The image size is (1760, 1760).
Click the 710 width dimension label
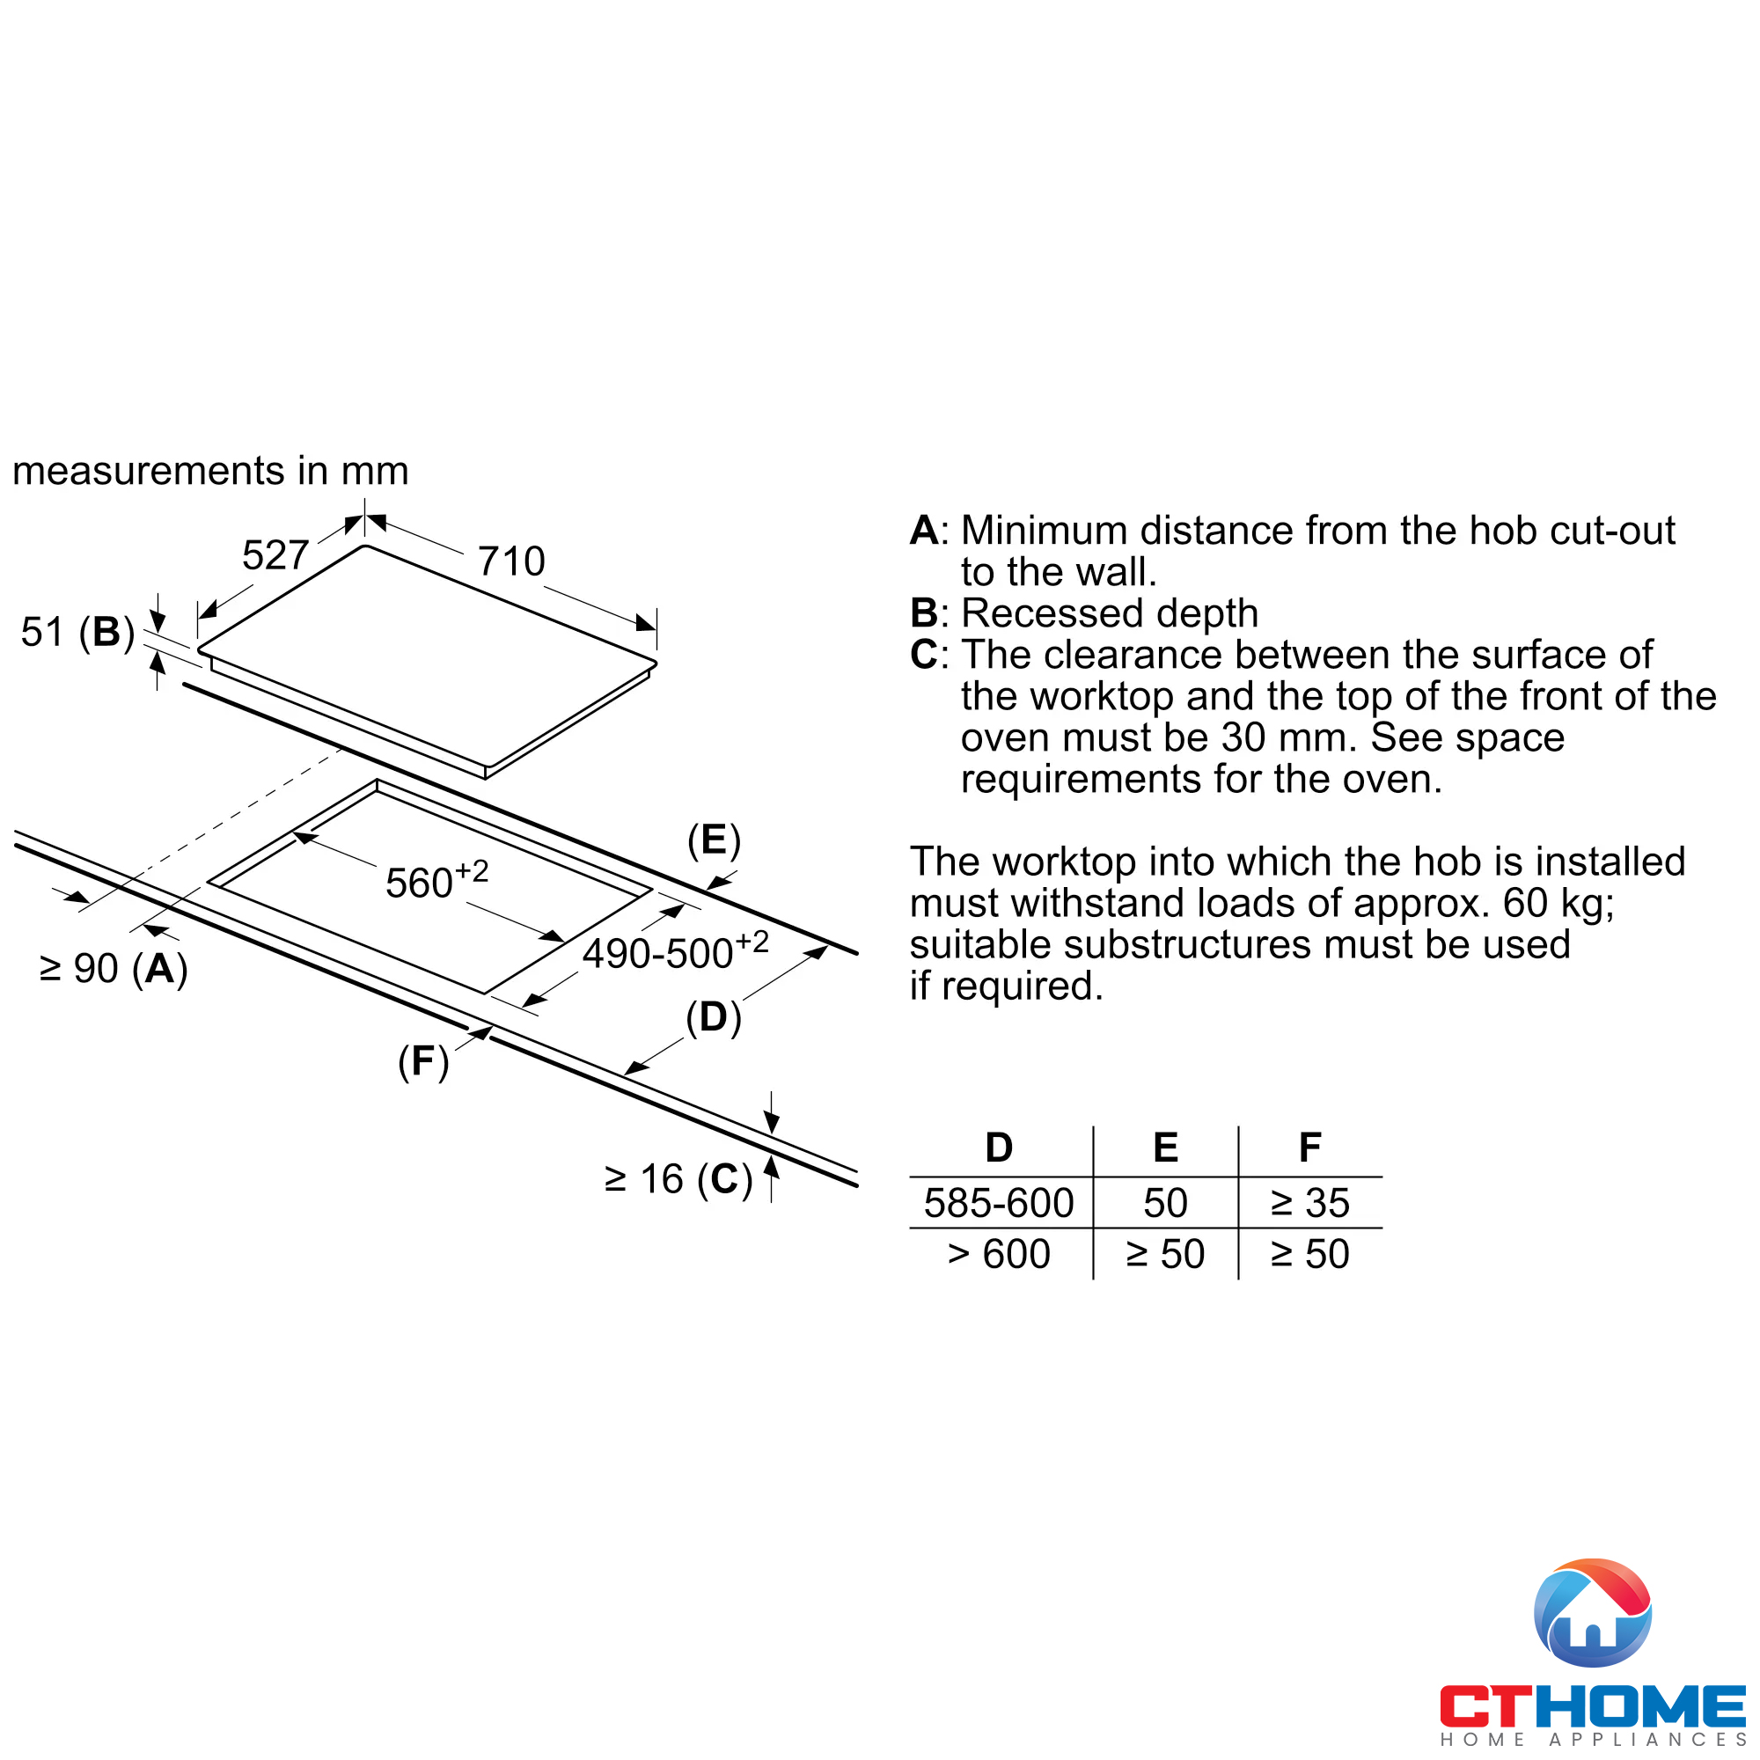click(x=511, y=561)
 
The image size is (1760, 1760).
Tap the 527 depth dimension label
click(x=275, y=554)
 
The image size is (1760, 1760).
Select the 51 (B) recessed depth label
click(x=77, y=632)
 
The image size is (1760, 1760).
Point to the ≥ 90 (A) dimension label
click(x=114, y=968)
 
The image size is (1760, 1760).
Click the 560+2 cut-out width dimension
click(x=436, y=880)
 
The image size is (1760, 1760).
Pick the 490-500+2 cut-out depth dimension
click(x=675, y=952)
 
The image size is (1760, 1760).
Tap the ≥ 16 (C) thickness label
click(x=678, y=1180)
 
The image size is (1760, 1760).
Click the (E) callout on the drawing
click(x=715, y=840)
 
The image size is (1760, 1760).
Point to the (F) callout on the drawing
click(x=423, y=1061)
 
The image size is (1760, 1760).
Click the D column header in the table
click(x=1000, y=1148)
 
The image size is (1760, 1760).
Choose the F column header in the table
click(x=1310, y=1148)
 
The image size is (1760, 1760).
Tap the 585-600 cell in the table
click(x=1000, y=1203)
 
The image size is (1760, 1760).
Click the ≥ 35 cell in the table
click(x=1310, y=1203)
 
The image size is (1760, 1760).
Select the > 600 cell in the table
click(x=1000, y=1254)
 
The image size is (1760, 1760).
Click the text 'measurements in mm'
click(x=210, y=471)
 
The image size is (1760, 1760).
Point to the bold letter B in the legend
click(x=924, y=613)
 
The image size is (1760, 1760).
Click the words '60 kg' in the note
click(x=1557, y=903)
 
